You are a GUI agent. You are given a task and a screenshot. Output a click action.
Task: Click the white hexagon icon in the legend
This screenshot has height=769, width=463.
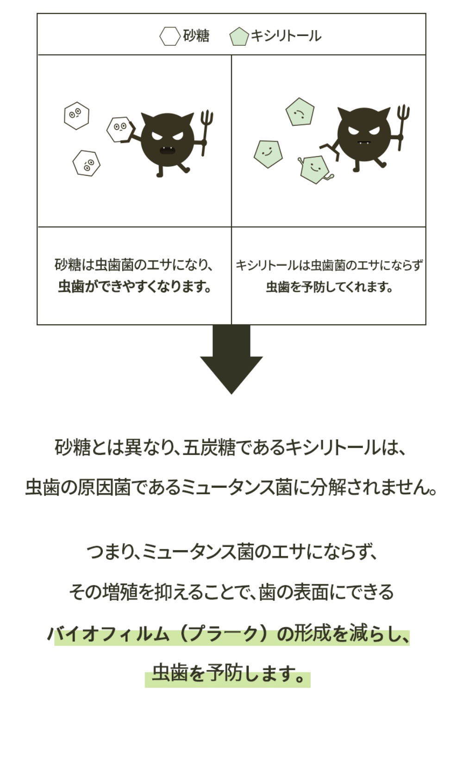pyautogui.click(x=170, y=37)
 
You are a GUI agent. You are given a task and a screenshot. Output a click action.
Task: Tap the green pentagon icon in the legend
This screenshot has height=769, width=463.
pyautogui.click(x=239, y=37)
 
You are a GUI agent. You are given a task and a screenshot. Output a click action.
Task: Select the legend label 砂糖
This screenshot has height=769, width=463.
pyautogui.click(x=196, y=36)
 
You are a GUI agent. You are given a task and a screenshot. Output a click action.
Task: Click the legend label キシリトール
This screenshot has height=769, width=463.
pyautogui.click(x=286, y=36)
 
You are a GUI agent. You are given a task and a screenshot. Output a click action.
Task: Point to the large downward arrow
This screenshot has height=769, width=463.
pyautogui.click(x=231, y=359)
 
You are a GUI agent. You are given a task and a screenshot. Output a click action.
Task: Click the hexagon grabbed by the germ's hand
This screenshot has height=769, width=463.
pyautogui.click(x=119, y=129)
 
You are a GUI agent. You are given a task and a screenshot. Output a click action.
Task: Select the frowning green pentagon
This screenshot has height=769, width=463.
pyautogui.click(x=300, y=112)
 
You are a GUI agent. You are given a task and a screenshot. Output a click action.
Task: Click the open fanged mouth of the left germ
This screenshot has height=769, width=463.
pyautogui.click(x=167, y=150)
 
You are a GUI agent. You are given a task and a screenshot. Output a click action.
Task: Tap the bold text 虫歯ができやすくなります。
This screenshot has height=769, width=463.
pyautogui.click(x=134, y=287)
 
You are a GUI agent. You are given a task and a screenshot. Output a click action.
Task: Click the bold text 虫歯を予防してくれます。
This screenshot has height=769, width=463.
pyautogui.click(x=329, y=287)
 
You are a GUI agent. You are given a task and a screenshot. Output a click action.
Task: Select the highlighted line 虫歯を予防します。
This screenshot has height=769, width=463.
pyautogui.click(x=228, y=673)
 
